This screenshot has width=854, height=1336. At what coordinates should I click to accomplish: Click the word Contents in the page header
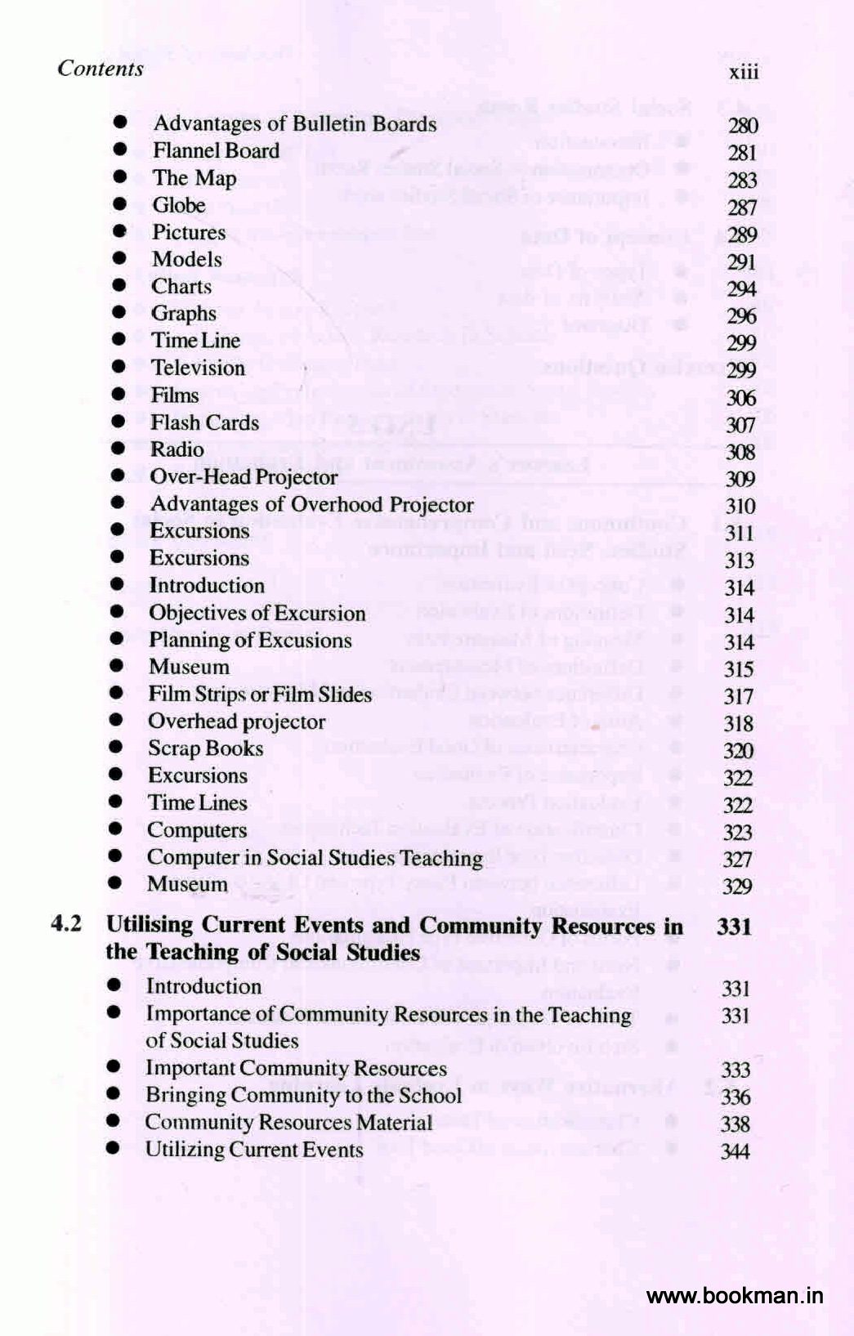pos(101,68)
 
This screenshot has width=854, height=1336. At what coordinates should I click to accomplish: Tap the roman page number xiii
pos(744,72)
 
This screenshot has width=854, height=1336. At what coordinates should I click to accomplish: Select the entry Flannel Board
pos(216,151)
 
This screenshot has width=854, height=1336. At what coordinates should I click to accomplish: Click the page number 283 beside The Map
pos(742,180)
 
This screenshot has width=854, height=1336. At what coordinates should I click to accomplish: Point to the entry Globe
pos(178,205)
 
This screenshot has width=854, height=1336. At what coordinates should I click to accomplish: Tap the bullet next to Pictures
pos(119,231)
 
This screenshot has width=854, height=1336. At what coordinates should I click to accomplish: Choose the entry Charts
pos(181,287)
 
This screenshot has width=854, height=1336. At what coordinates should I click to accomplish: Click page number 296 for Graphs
pos(741,316)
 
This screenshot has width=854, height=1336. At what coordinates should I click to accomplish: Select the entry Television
pos(198,368)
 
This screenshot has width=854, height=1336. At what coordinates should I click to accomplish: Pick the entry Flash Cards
pos(204,422)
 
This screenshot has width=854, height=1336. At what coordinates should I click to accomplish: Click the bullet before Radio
pos(118,449)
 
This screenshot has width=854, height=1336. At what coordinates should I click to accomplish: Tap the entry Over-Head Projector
pos(244,477)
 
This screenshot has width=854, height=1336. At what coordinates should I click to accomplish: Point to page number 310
pos(740,507)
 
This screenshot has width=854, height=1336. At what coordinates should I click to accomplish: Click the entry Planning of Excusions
pos(250,640)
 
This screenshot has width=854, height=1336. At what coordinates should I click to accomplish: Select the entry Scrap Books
pos(205,748)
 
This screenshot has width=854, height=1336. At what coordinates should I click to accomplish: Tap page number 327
pos(737,860)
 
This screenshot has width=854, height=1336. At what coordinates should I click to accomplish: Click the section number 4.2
pos(66,924)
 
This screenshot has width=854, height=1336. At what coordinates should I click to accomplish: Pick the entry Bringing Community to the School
pos(303,1096)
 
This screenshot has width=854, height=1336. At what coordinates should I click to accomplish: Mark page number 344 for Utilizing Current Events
pos(736,1151)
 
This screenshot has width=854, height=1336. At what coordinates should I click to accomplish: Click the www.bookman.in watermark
pos(735,1296)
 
